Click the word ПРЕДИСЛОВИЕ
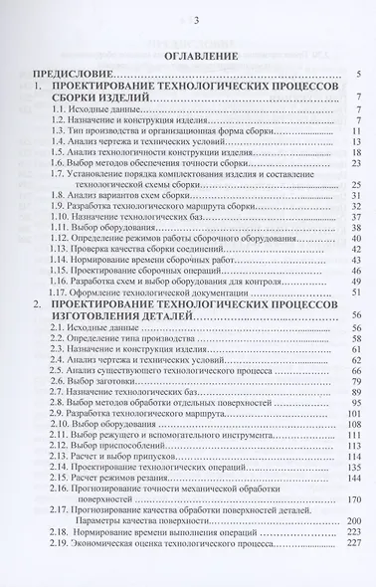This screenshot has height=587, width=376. pos(71,74)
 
